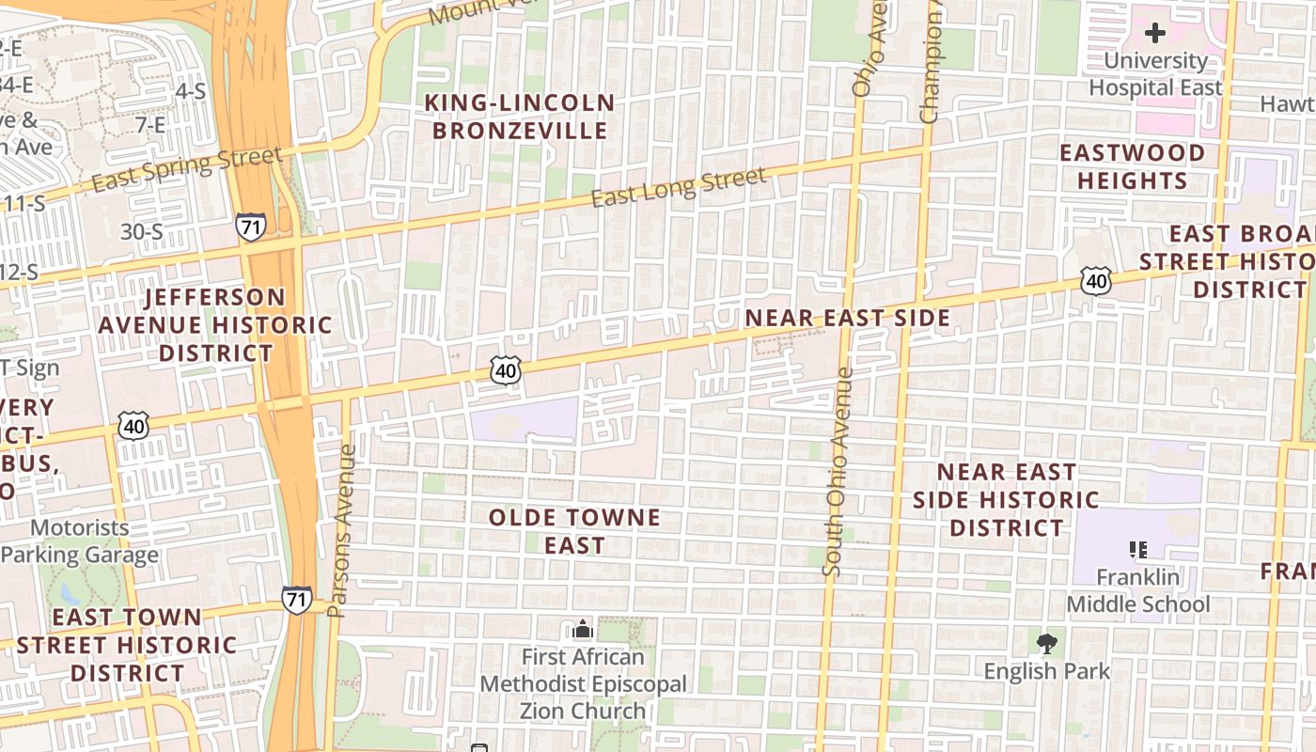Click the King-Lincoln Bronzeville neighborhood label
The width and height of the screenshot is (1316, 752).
click(520, 117)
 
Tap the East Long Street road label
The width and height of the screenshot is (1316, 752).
click(679, 186)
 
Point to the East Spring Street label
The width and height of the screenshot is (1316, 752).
click(187, 170)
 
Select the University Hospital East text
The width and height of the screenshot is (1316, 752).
click(1155, 74)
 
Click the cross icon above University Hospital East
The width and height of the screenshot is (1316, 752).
click(1155, 34)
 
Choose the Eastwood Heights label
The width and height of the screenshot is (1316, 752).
click(1132, 166)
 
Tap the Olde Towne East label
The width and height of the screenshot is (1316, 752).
click(574, 531)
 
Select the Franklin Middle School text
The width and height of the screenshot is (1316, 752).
click(1137, 590)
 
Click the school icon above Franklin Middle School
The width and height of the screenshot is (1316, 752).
click(1138, 549)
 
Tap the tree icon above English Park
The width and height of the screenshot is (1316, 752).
click(1046, 644)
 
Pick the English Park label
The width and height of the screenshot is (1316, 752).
click(1046, 671)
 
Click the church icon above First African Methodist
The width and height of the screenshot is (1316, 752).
click(583, 629)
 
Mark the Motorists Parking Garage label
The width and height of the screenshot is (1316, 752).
click(79, 541)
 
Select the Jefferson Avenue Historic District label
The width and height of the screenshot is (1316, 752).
click(215, 325)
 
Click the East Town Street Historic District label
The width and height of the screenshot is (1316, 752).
click(127, 645)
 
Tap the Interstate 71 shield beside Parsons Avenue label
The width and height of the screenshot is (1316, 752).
click(297, 600)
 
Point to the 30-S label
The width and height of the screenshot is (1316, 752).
click(142, 231)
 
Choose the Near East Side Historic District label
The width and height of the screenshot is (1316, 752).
click(1006, 499)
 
